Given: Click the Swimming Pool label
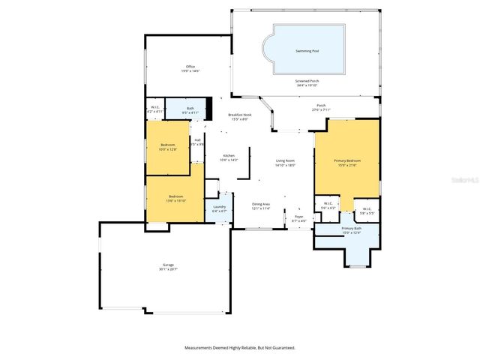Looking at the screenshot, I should click(307, 51).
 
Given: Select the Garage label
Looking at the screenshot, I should click(168, 265).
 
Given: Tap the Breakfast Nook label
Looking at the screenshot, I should click(240, 115).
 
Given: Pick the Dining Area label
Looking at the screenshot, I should click(261, 204).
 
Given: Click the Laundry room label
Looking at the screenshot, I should click(220, 206).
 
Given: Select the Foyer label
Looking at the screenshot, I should click(298, 217).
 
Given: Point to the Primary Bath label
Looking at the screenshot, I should click(352, 228).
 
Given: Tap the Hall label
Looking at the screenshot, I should click(197, 139).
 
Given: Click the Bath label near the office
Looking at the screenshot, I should click(190, 108).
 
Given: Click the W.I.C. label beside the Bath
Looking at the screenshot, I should click(154, 108).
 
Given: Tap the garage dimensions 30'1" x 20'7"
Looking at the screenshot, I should click(168, 269).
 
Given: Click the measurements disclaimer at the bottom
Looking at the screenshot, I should click(240, 347).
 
